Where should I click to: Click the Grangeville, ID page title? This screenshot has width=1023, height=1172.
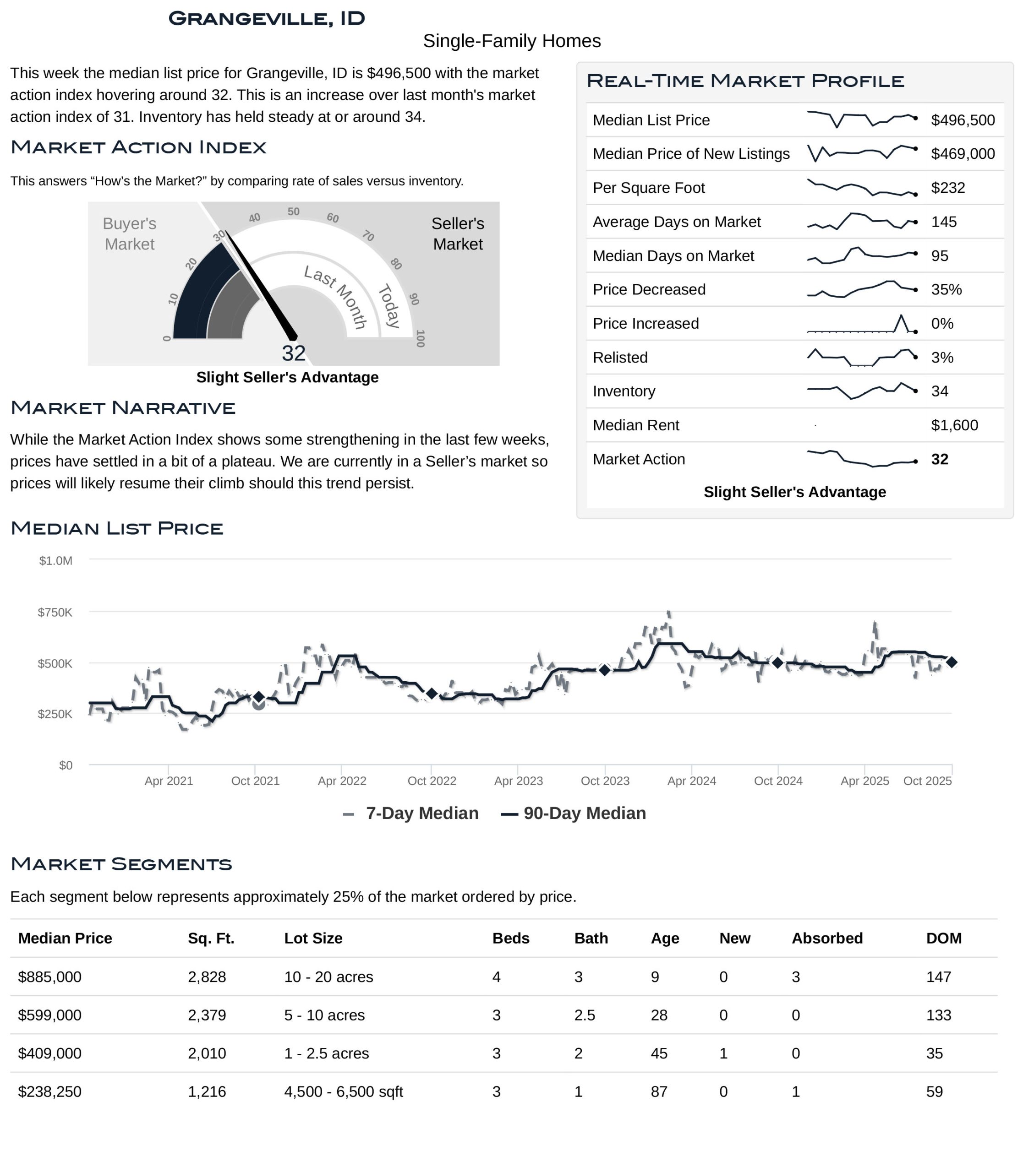click(x=267, y=18)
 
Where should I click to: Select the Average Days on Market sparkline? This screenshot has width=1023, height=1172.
click(x=862, y=222)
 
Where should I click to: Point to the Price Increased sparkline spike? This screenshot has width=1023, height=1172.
click(x=902, y=317)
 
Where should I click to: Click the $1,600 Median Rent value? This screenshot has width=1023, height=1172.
click(x=954, y=425)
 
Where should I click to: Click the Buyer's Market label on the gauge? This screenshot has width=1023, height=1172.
click(x=130, y=234)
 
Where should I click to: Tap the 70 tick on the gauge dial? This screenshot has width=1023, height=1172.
click(x=368, y=236)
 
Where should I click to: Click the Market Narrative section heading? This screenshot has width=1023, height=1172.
click(x=123, y=408)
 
